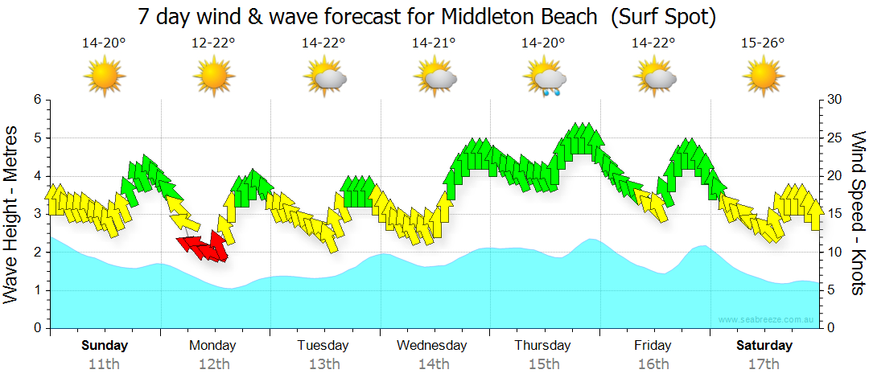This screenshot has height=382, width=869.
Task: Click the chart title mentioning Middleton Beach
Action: coord(426,16)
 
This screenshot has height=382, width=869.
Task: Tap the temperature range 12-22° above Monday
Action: coord(213,43)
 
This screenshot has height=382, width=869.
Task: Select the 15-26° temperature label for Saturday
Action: coord(763,43)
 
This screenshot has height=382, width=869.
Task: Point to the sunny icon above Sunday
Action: coord(104,77)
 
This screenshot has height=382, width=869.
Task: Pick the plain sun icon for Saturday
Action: coord(763,77)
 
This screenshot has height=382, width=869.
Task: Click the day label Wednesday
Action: coord(432,346)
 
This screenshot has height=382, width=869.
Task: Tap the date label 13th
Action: coord(323,364)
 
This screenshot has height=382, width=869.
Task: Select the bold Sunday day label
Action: coord(105,346)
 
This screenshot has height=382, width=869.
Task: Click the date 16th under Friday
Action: coord(653,364)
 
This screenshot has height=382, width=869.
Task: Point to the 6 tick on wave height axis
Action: coord(37,99)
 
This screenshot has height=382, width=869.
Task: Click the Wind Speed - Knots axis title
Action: coord(857,213)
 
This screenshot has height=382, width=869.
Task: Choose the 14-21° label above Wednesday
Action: coord(434,43)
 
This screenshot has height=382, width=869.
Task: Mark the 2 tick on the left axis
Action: coord(37,253)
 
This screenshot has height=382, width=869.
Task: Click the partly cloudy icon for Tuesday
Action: coord(324,77)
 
